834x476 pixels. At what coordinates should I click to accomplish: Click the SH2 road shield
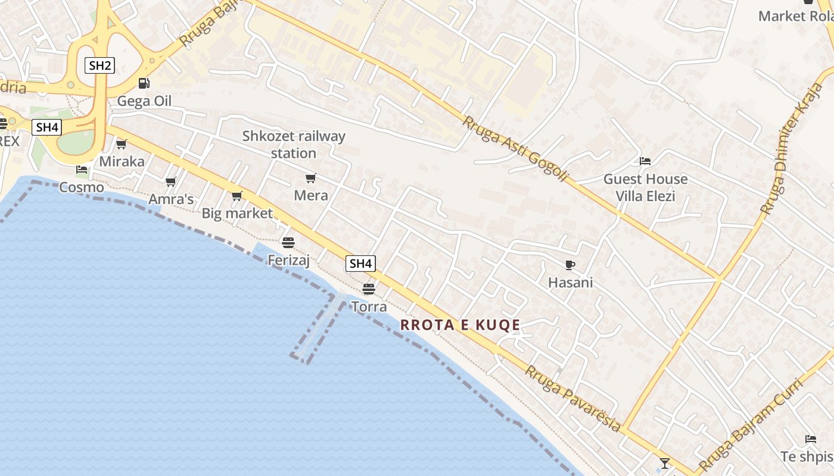99,65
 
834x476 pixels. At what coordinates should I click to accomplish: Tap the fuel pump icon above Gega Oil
144,83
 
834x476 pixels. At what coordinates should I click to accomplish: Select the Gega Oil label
144,101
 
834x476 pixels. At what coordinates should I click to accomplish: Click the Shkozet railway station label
294,145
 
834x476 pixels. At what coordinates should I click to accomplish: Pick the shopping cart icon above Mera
310,178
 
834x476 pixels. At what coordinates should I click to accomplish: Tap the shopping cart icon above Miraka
122,144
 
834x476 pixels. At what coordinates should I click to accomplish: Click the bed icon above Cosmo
82,170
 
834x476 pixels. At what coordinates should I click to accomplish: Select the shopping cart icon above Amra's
171,181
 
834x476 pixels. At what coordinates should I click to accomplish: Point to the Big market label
237,213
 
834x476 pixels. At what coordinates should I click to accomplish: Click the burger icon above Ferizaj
288,242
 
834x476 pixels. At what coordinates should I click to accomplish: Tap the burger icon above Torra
369,289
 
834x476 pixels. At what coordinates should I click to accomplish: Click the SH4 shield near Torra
361,264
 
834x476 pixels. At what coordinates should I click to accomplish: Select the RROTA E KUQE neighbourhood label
460,325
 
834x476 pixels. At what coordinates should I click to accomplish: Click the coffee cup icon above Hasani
570,265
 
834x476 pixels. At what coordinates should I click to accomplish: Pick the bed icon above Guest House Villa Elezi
645,161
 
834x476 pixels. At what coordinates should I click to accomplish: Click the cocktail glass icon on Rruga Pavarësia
665,463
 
